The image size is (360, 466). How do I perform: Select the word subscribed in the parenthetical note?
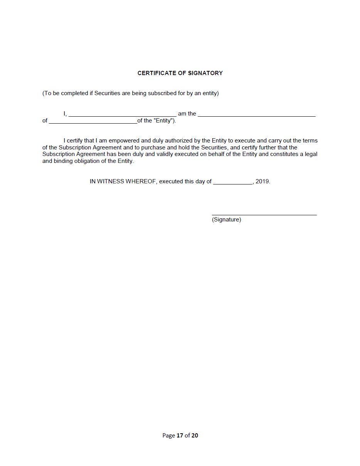[162, 93]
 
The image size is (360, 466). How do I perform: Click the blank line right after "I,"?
[122, 115]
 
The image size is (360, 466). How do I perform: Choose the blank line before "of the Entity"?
[93, 122]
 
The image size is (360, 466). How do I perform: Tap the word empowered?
[124, 141]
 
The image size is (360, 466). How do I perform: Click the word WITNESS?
[110, 181]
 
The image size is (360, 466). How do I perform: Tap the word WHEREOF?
[141, 181]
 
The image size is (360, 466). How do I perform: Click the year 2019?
[262, 181]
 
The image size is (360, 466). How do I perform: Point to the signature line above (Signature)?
[264, 214]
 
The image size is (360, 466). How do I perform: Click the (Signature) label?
[226, 220]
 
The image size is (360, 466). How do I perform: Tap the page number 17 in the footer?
[180, 436]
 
